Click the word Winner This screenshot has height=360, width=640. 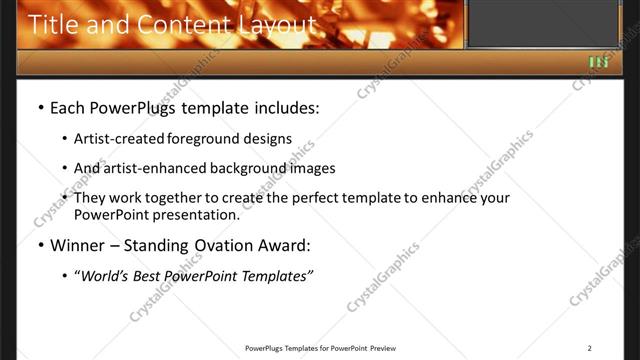point(78,244)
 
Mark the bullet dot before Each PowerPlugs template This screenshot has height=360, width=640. point(40,106)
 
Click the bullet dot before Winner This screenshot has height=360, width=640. point(40,244)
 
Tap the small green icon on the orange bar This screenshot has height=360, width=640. point(598,62)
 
